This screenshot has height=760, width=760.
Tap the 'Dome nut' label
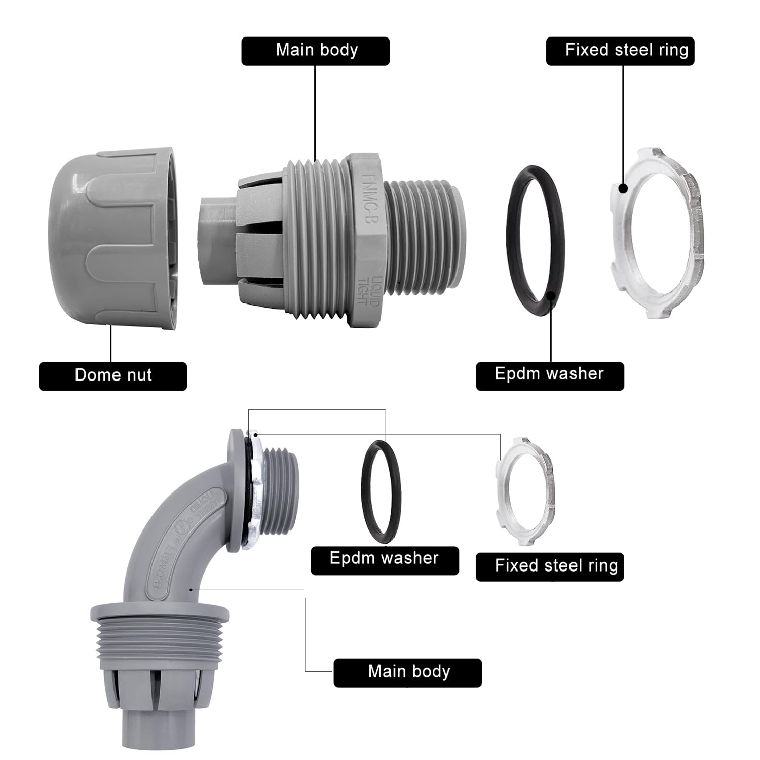click(112, 375)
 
